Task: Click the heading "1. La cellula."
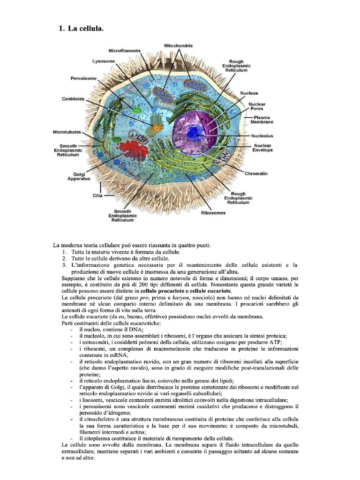click(x=81, y=29)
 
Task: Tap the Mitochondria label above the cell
click(x=178, y=45)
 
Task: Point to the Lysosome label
click(x=102, y=61)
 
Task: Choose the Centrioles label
click(x=73, y=99)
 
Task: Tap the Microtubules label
click(x=67, y=132)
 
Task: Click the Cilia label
click(x=97, y=195)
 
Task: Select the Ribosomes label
click(x=213, y=212)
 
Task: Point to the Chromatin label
click(x=256, y=173)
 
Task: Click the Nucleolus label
click(x=262, y=136)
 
